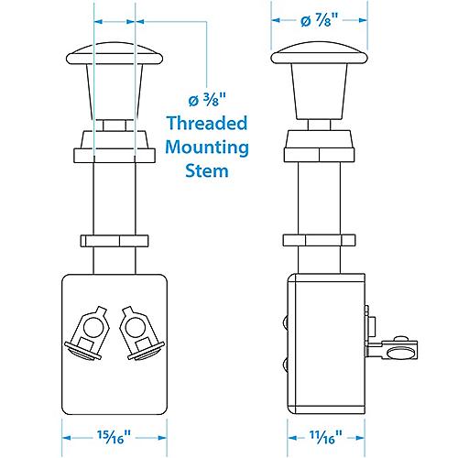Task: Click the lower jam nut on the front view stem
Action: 114,242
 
